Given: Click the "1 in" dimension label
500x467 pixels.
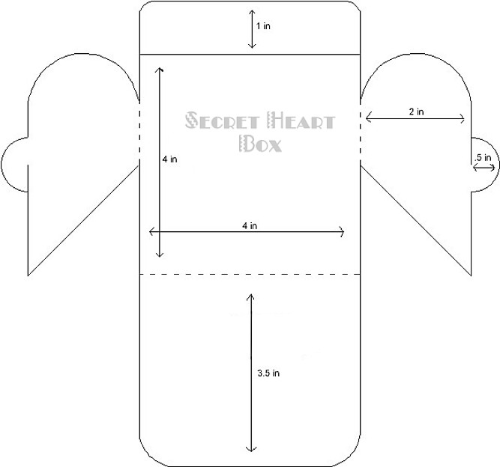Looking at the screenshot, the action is (x=263, y=26).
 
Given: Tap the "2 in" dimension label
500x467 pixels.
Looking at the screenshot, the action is (x=417, y=112).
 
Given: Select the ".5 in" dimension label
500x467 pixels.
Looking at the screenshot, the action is (x=483, y=157).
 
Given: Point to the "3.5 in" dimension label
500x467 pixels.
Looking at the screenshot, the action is (x=268, y=373).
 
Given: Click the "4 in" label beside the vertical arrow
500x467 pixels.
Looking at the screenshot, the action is (x=169, y=159).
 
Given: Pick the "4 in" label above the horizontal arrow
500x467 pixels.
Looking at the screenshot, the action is (x=250, y=226).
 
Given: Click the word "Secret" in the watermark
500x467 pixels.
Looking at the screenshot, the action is (x=222, y=120).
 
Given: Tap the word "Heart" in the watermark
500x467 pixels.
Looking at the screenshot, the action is (x=301, y=120).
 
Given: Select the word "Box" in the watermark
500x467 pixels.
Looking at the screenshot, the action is (x=261, y=144).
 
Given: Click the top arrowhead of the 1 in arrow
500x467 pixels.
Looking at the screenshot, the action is (x=252, y=10).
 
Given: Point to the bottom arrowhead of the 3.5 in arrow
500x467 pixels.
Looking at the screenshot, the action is (x=251, y=451).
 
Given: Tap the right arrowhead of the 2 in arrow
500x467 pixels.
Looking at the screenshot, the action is (x=464, y=119).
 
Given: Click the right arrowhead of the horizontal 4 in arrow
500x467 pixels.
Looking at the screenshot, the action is (x=343, y=232).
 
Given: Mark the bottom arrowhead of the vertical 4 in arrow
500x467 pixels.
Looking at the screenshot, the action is (x=160, y=256).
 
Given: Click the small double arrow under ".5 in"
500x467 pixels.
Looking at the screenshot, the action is (x=484, y=167).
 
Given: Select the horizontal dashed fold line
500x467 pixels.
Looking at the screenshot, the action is (x=250, y=274).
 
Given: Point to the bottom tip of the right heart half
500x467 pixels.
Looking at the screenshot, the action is (x=471, y=275).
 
